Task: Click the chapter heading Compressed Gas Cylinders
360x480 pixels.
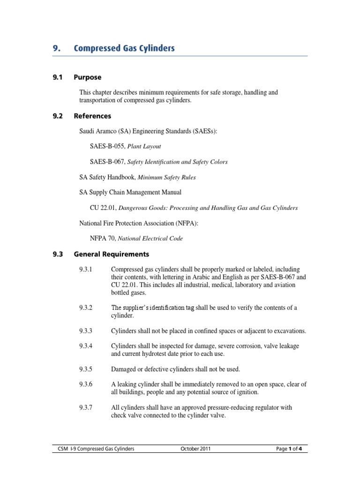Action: (x=124, y=48)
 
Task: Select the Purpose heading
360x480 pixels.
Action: (x=88, y=77)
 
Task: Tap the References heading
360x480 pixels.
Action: (x=93, y=116)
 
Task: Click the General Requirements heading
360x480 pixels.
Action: (x=112, y=255)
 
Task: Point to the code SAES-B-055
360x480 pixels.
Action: (x=107, y=146)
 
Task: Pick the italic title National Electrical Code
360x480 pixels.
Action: (x=150, y=239)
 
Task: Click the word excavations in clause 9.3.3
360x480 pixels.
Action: (x=288, y=331)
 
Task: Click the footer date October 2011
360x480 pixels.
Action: (x=195, y=449)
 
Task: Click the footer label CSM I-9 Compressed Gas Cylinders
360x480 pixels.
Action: (x=94, y=449)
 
